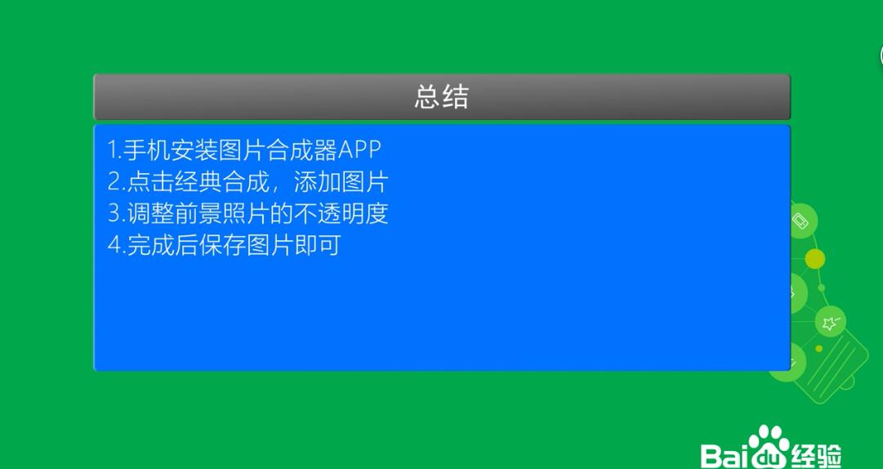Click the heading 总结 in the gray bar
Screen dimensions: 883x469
point(441,96)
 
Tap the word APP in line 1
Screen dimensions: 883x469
point(360,150)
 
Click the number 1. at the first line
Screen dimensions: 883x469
point(115,150)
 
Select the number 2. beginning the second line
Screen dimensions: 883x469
point(116,182)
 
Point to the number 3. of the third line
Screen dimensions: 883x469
point(116,213)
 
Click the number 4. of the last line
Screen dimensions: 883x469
point(116,245)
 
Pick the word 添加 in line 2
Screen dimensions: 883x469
point(317,182)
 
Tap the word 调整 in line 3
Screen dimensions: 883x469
point(149,213)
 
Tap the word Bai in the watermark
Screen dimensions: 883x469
point(725,456)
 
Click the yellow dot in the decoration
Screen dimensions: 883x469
point(815,259)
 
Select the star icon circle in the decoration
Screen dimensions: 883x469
point(830,322)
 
